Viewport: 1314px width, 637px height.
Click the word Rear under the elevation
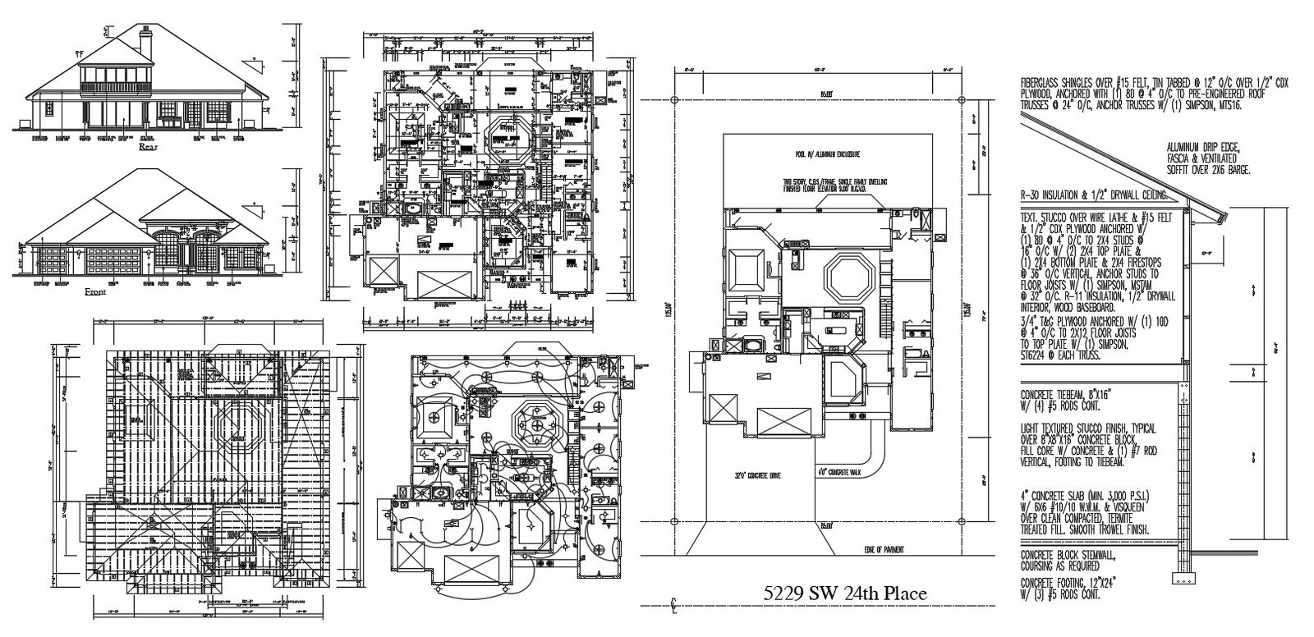coord(148,149)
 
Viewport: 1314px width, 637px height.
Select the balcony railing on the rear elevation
coord(117,84)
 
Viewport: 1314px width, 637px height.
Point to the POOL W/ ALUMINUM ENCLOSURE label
coord(826,154)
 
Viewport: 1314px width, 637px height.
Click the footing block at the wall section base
coord(1185,580)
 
